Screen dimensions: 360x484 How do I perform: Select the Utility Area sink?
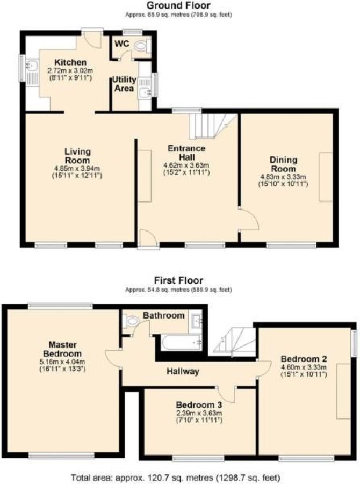point(145,88)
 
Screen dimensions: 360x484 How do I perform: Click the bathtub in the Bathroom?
point(182,343)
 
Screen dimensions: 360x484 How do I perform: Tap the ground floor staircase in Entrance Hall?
point(213,127)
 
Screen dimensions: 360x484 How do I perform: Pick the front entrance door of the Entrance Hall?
point(148,239)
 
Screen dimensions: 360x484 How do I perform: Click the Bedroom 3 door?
point(226,394)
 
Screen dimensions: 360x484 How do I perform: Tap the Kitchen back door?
point(93,39)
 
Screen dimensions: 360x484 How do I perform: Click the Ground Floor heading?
point(178,5)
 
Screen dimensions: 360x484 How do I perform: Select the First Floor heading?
point(178,280)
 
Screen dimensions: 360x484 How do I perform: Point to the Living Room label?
point(77,156)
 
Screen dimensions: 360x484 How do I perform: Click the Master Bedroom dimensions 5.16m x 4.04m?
point(62,362)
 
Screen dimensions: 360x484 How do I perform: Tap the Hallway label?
point(183,371)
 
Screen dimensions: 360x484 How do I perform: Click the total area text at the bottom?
point(176,478)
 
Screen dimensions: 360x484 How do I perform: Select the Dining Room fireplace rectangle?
point(326,177)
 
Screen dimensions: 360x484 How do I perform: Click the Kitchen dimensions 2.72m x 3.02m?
point(70,71)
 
